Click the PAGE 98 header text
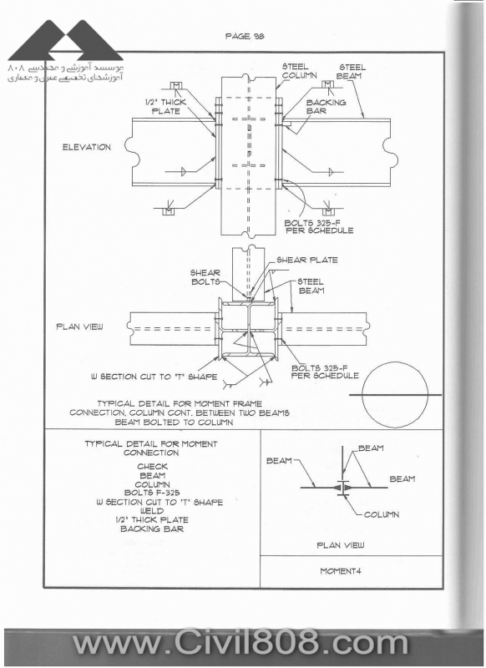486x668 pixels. pyautogui.click(x=245, y=36)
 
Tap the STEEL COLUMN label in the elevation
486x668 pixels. pyautogui.click(x=300, y=71)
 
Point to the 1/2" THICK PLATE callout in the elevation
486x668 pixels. pyautogui.click(x=165, y=107)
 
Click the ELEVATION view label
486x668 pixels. pyautogui.click(x=87, y=148)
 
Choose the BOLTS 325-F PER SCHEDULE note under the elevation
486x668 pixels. pyautogui.click(x=319, y=226)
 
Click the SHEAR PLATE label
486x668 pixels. pyautogui.click(x=307, y=260)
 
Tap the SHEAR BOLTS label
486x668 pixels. pyautogui.click(x=205, y=277)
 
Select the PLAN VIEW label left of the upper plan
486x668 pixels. pyautogui.click(x=79, y=326)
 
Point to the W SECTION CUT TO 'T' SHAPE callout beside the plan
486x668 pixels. pyautogui.click(x=154, y=377)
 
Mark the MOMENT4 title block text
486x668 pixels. pyautogui.click(x=341, y=571)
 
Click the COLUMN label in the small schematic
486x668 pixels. pyautogui.click(x=382, y=514)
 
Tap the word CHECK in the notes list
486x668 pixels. pyautogui.click(x=153, y=467)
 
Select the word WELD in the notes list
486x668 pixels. pyautogui.click(x=152, y=511)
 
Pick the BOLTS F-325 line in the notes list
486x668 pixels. pyautogui.click(x=152, y=493)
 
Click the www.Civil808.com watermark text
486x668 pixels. pyautogui.click(x=240, y=645)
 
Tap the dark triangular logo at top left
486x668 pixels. pyautogui.click(x=65, y=40)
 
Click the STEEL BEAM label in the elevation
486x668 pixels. pyautogui.click(x=352, y=72)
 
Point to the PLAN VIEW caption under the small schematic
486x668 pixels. pyautogui.click(x=341, y=545)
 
